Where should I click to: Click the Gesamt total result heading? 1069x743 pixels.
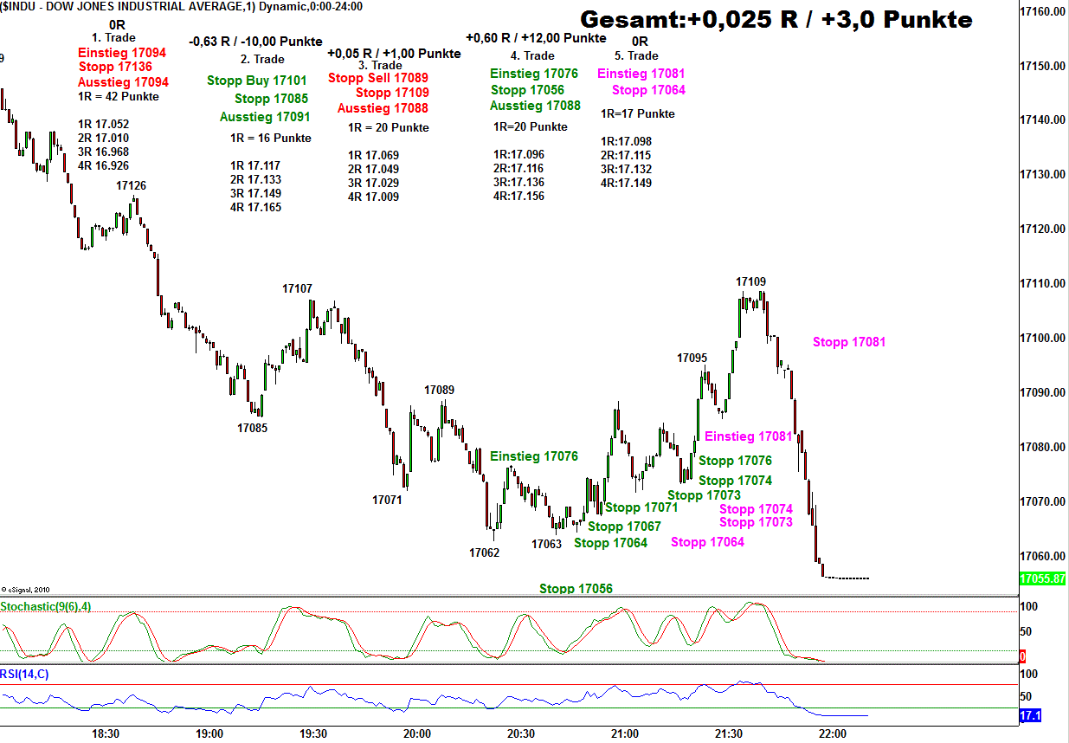(776, 19)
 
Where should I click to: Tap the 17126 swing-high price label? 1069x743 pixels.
(131, 185)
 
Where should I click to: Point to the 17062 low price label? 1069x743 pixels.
(484, 552)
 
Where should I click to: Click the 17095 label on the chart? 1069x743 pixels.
(692, 358)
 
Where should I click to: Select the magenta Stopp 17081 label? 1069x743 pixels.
(848, 342)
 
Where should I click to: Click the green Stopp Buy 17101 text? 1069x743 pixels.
(256, 81)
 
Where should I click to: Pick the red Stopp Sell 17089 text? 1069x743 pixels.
(378, 78)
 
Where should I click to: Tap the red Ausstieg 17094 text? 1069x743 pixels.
(123, 82)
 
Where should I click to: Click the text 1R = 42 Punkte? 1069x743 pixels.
(119, 97)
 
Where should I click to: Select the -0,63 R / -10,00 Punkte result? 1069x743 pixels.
(255, 42)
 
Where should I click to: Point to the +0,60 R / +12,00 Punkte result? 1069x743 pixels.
(536, 38)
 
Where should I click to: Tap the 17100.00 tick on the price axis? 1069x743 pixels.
(1042, 338)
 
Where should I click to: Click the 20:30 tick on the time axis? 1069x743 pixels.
(521, 733)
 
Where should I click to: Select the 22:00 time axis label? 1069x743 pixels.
(832, 733)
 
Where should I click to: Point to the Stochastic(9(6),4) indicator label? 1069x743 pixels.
(44, 606)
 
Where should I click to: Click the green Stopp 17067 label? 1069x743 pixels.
(624, 527)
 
